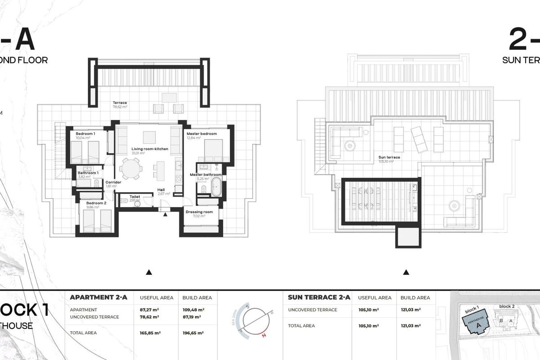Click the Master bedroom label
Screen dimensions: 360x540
pos(202,134)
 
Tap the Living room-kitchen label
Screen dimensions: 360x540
pos(150,148)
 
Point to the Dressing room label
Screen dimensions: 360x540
pos(199,212)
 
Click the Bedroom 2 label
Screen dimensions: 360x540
pos(97,203)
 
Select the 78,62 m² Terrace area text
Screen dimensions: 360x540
pos(120,108)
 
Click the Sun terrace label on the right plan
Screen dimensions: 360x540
pos(389,157)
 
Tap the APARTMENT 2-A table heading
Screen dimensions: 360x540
pos(99,297)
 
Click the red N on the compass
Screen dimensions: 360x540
pos(264,335)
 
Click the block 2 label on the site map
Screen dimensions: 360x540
pos(507,306)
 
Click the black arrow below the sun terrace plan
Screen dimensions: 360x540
pos(406,272)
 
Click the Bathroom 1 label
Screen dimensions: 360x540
pos(88,173)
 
